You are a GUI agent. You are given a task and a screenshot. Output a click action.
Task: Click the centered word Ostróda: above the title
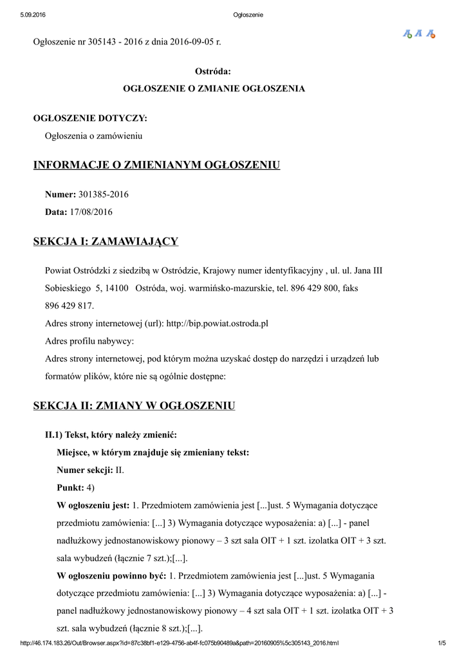tap(213, 71)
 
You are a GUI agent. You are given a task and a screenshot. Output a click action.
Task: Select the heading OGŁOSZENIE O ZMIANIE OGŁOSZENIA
tap(214, 88)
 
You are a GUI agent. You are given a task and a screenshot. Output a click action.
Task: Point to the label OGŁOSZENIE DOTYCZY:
tap(89, 118)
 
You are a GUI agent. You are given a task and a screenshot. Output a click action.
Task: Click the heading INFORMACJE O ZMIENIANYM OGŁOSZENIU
tap(156, 165)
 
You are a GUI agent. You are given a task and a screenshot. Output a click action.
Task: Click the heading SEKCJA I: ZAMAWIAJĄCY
tap(106, 241)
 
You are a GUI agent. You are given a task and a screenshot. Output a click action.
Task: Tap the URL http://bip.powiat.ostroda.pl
tap(217, 323)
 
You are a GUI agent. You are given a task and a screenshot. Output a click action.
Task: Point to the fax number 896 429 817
tap(70, 306)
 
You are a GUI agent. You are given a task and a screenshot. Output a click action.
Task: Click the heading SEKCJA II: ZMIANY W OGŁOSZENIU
tap(134, 405)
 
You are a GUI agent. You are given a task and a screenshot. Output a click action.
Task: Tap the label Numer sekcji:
tap(85, 470)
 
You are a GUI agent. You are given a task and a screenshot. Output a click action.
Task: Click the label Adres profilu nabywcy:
tap(89, 340)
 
